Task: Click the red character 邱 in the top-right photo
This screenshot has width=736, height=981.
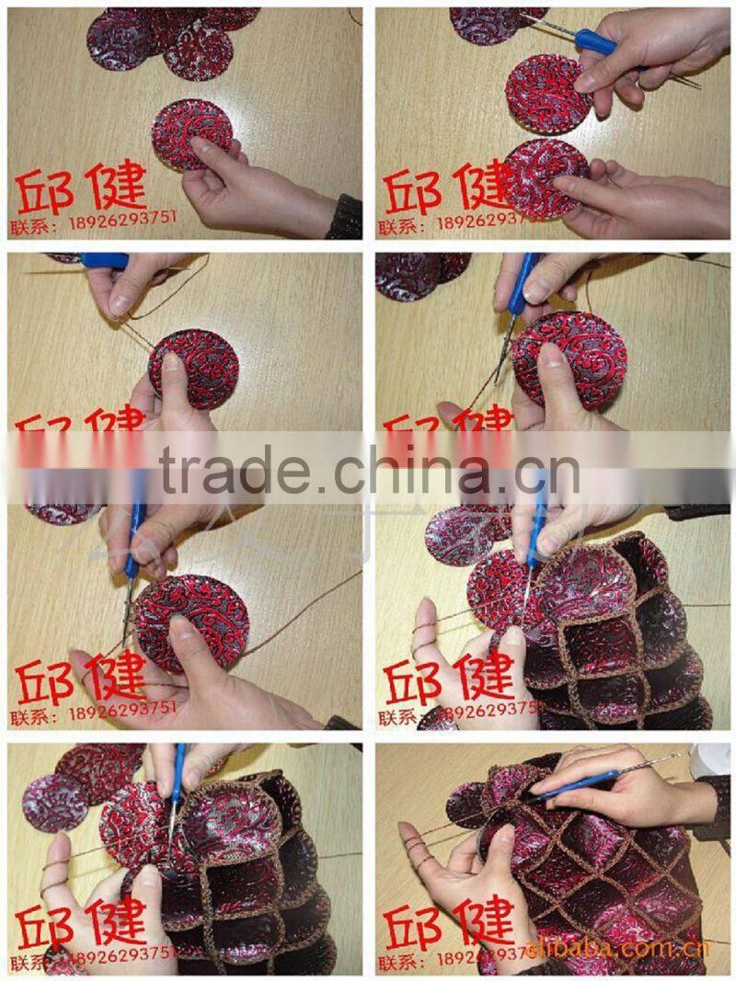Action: [x=412, y=190]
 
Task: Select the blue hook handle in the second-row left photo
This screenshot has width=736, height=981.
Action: [x=103, y=261]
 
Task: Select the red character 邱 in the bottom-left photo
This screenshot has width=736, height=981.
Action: [x=44, y=927]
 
